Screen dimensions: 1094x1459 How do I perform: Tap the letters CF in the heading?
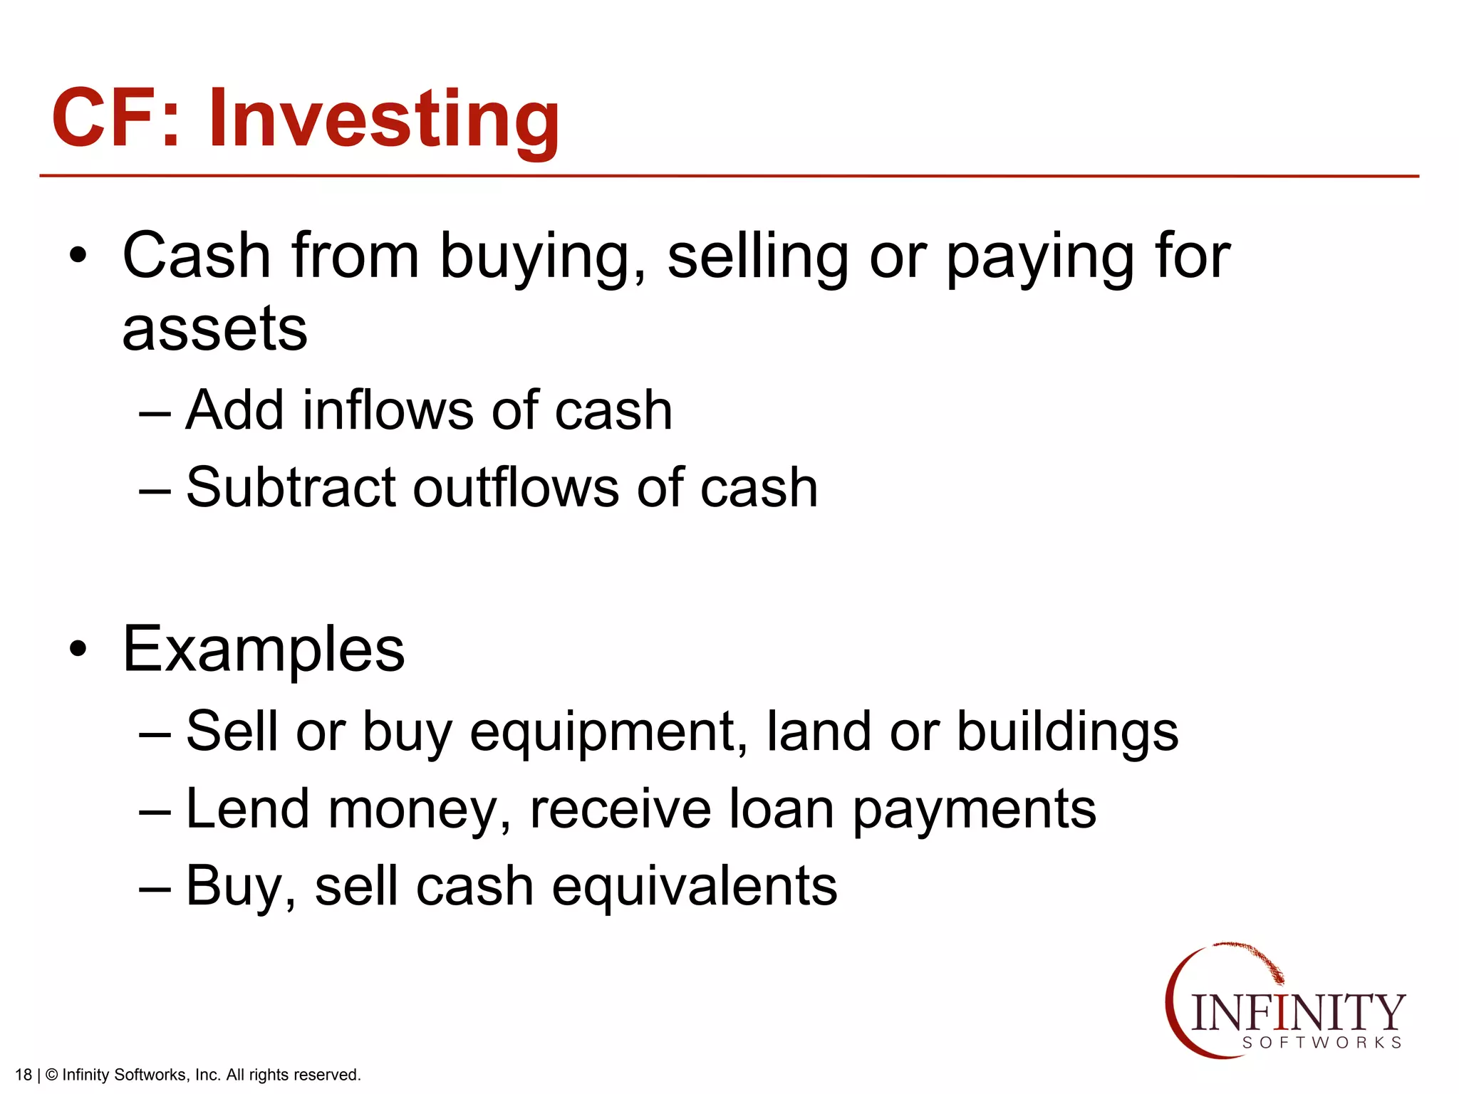107,118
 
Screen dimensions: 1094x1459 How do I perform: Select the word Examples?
264,650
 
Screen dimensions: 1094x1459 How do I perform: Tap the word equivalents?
695,887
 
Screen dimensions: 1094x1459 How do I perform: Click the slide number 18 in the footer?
24,1075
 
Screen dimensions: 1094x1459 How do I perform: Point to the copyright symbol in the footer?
51,1075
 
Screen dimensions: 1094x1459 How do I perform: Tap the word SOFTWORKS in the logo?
1322,1043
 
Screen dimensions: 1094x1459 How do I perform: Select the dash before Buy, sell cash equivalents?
155,887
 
